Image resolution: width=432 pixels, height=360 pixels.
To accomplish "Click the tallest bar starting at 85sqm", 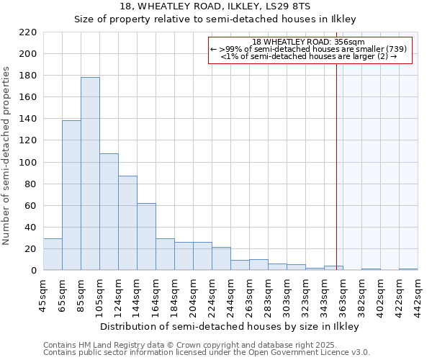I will coord(90,174).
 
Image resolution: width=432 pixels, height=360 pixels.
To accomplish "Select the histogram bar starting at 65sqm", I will coord(71,195).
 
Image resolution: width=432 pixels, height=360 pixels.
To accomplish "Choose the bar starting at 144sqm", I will coord(146,237).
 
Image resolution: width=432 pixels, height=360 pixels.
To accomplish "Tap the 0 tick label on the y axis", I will coord(34,271).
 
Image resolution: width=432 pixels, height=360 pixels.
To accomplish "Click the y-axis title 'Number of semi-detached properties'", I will coord(7,156).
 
